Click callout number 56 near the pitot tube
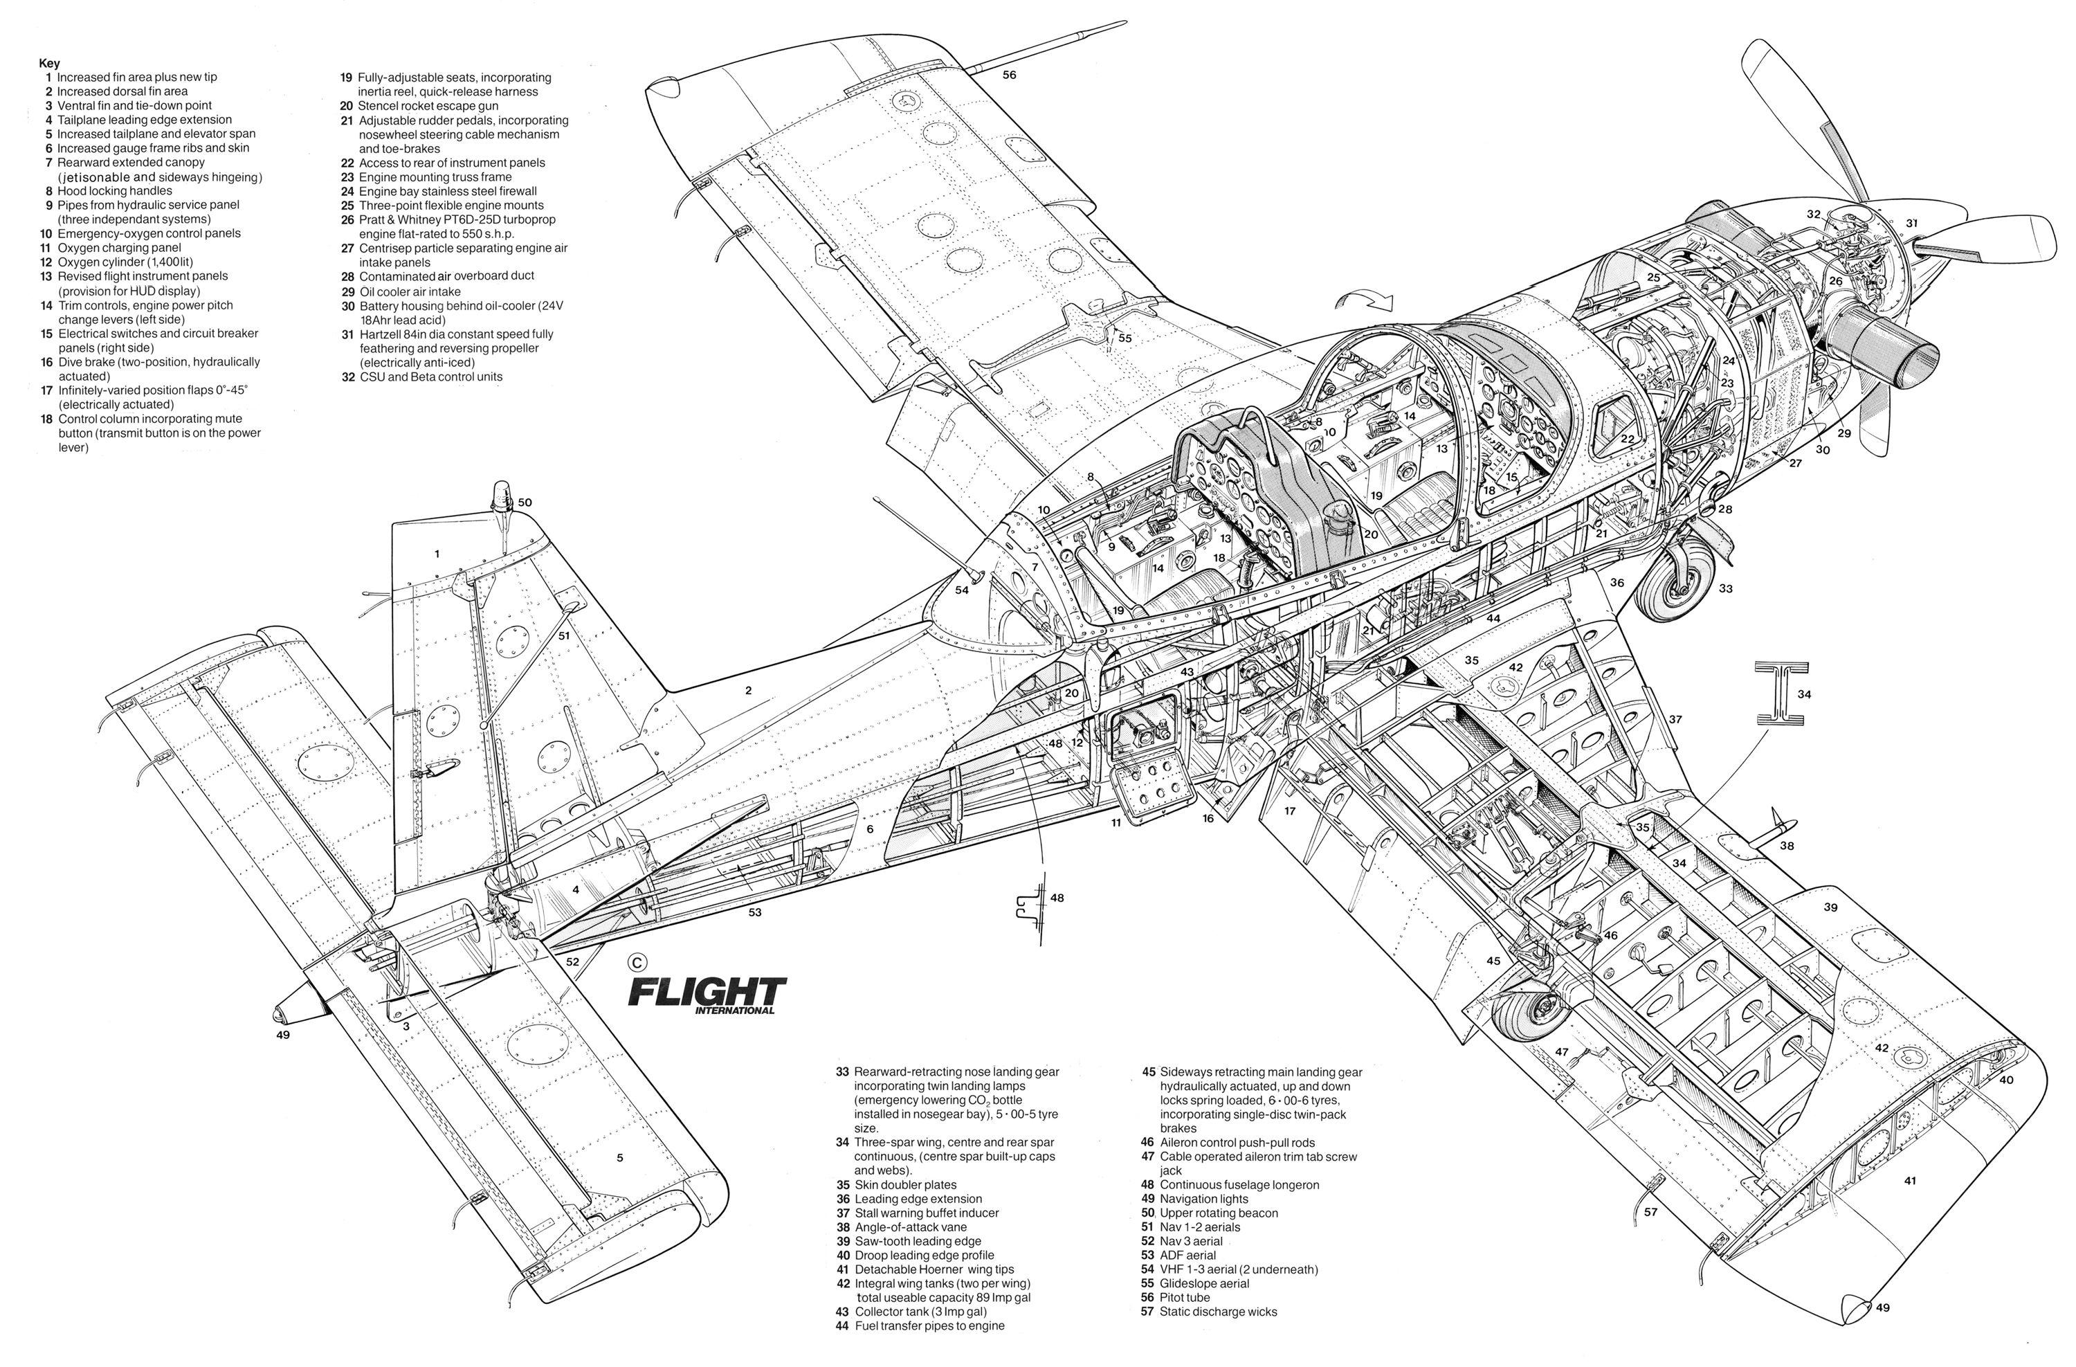(1009, 75)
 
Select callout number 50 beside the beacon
(525, 503)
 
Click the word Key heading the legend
(50, 63)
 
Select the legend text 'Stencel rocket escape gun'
(428, 107)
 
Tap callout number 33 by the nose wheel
(1725, 589)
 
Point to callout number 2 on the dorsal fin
(749, 690)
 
